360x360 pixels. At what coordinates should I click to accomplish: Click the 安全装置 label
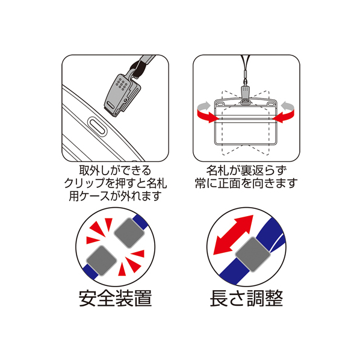tap(115, 298)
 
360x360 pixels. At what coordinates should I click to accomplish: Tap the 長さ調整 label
tap(246, 298)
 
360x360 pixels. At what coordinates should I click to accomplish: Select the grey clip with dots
tap(122, 95)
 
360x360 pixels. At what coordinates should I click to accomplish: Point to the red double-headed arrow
tap(233, 235)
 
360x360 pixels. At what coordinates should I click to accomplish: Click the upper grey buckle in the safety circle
tap(129, 233)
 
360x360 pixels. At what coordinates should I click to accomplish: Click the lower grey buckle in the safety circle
tap(102, 260)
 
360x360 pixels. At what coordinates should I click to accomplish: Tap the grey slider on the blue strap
tap(253, 254)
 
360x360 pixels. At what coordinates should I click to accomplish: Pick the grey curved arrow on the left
tap(203, 106)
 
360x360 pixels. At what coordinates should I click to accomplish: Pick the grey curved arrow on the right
tap(288, 106)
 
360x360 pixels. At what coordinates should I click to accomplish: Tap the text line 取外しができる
tap(115, 170)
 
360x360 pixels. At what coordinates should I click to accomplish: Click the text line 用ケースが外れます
tap(115, 196)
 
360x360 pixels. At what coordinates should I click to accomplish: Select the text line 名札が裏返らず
tap(246, 170)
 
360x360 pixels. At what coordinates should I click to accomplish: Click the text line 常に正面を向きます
tap(246, 183)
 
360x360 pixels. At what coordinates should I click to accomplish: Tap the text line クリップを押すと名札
tap(115, 183)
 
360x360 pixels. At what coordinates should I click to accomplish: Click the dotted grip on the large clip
tap(121, 84)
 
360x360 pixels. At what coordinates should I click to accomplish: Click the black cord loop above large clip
tap(135, 67)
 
